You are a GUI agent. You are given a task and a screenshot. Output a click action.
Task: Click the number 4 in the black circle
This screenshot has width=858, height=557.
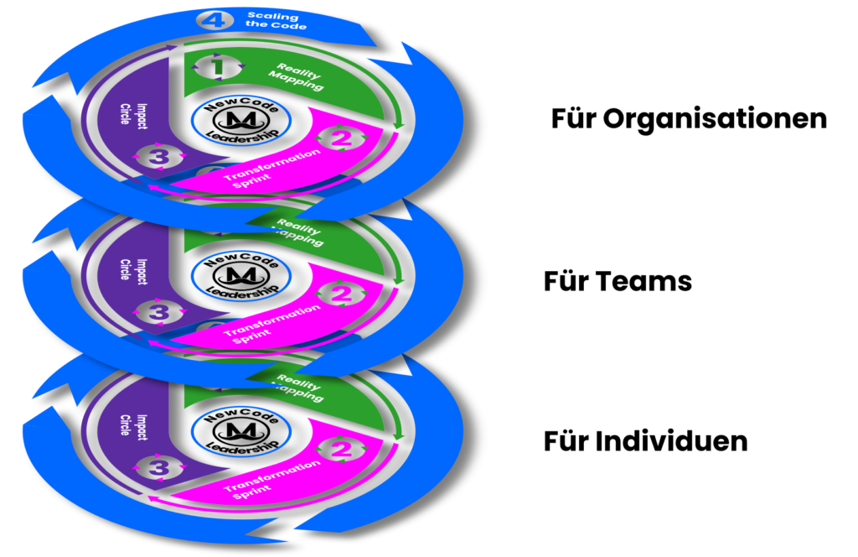[x=214, y=19]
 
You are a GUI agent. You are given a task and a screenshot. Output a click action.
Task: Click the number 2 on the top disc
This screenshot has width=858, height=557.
[x=340, y=138]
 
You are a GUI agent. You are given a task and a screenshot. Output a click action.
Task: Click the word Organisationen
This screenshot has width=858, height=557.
[x=715, y=118]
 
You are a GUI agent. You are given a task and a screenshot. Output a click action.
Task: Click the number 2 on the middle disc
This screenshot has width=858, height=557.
[x=340, y=294]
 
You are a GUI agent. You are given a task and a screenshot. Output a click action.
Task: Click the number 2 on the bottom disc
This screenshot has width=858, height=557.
[x=340, y=449]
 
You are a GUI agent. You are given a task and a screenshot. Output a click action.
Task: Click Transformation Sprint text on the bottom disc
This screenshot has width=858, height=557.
[x=271, y=481]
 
